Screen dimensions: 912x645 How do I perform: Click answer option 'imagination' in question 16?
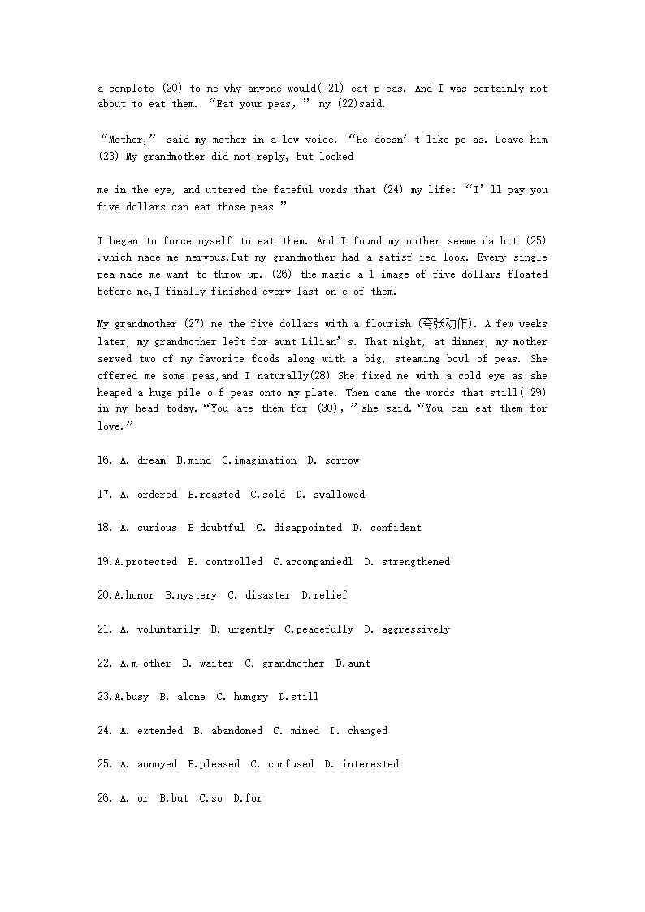265,460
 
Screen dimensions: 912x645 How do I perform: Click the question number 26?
105,798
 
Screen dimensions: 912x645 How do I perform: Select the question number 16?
105,460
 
